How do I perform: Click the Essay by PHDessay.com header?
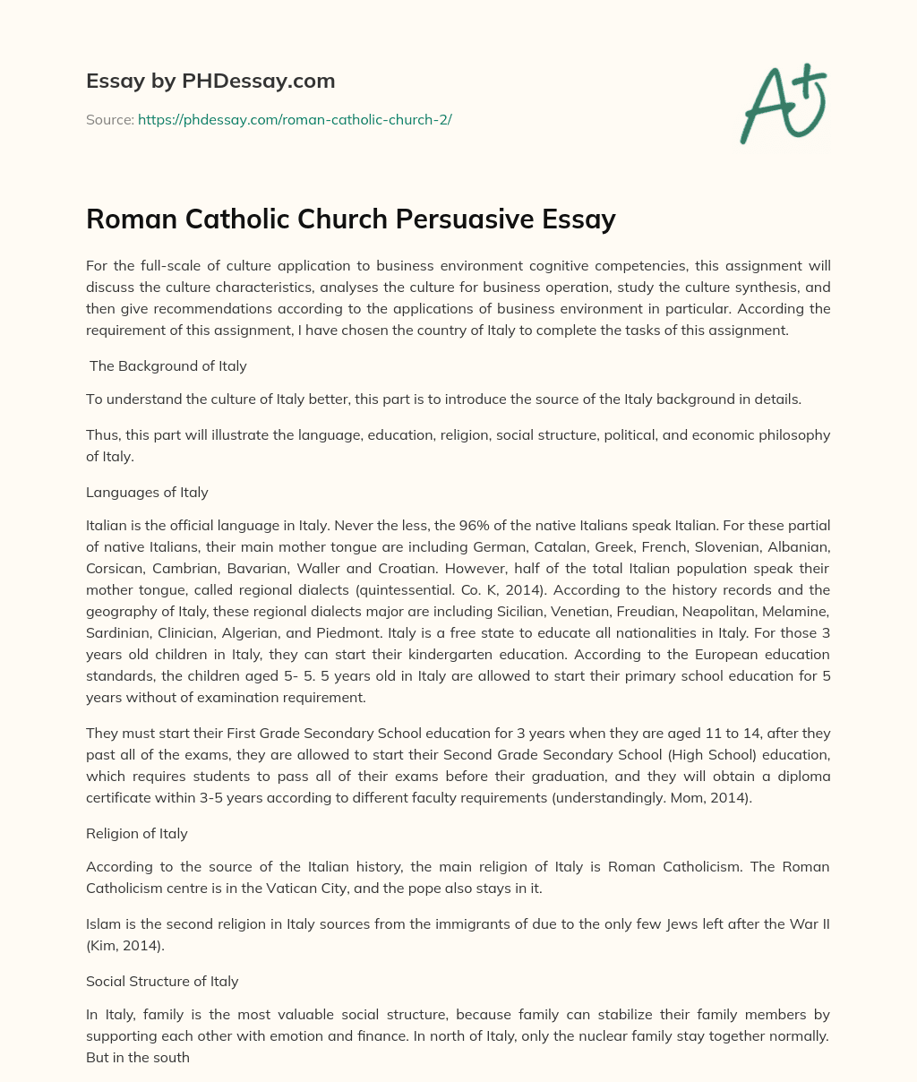pos(210,82)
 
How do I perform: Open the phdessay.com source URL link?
pos(295,119)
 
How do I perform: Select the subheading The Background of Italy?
pos(167,365)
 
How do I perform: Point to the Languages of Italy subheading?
pos(147,492)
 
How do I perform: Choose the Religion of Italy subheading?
pos(137,833)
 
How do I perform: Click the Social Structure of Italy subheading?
pos(162,981)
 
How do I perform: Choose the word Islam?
pos(102,924)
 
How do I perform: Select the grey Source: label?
pos(109,119)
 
